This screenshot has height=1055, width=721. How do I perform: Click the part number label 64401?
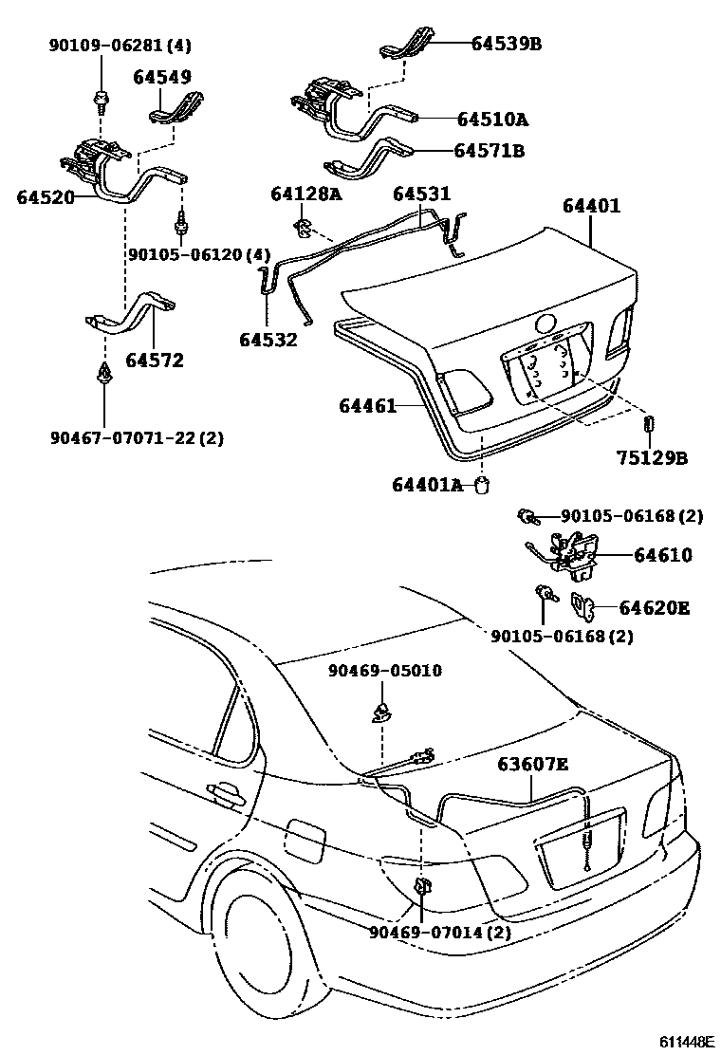pos(591,206)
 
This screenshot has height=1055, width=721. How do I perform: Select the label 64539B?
pos(507,43)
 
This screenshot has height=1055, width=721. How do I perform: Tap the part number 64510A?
pos(492,120)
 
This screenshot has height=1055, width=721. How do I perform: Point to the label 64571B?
pos(489,150)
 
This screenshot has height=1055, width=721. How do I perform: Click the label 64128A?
pos(305,194)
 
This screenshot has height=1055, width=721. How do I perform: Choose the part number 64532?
pos(268,340)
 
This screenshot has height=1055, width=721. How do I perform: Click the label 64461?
pos(368,406)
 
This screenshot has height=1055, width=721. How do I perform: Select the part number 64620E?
pos(655,607)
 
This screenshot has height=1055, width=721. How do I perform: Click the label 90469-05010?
pos(385,671)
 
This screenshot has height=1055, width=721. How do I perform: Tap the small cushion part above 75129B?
pos(650,423)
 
